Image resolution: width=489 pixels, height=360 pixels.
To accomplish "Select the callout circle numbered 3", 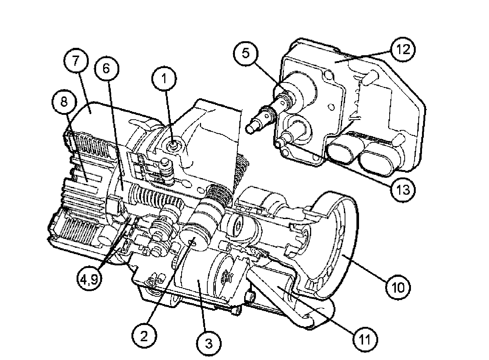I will (208, 343).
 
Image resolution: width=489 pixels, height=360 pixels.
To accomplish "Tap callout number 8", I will (64, 102).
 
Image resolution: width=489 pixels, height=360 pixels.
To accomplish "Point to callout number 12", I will (403, 49).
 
